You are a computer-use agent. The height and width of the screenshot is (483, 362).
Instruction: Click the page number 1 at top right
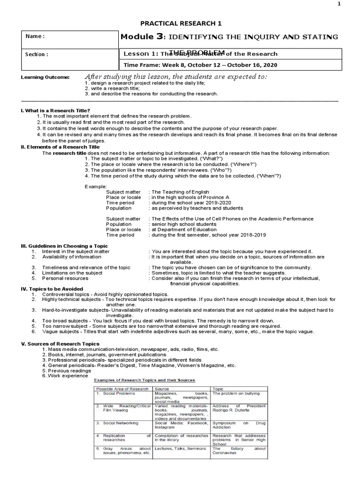(x=351, y=5)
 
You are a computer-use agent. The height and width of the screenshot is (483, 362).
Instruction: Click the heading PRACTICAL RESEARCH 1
(x=181, y=23)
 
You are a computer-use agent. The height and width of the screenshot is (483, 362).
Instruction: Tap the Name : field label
(x=36, y=36)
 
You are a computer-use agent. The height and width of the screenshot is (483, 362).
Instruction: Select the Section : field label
(x=37, y=54)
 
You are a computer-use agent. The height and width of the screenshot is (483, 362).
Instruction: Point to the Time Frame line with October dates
(x=200, y=65)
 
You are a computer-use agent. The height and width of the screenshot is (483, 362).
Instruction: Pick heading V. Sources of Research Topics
(x=59, y=344)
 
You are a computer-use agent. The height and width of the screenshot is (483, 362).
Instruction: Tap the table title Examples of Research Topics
(x=144, y=380)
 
